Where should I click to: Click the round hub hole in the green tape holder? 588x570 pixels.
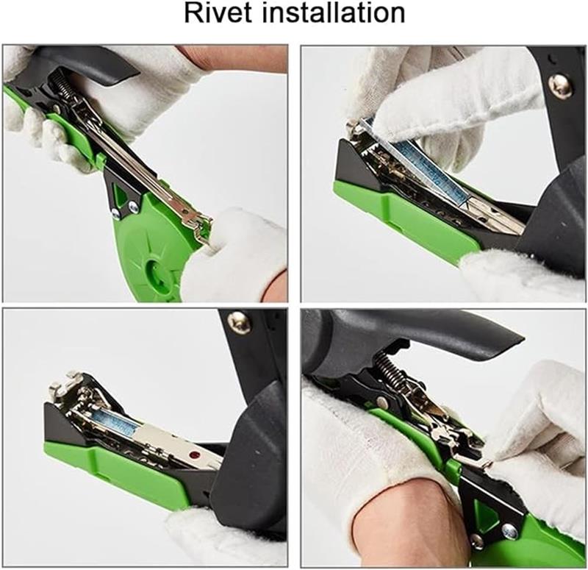(x=156, y=270)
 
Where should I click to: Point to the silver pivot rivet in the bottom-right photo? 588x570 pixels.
(x=381, y=402)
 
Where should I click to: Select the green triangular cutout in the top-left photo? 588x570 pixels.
(x=119, y=192)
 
